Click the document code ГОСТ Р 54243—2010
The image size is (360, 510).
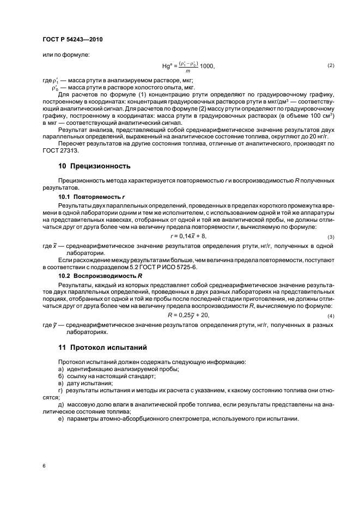coord(72,40)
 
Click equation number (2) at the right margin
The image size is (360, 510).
coord(330,66)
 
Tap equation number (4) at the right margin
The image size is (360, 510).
coord(330,316)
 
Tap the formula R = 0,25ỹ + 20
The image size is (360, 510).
coord(189,315)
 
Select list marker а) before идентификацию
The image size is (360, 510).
coord(60,369)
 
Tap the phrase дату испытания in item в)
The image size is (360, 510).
coord(85,384)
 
